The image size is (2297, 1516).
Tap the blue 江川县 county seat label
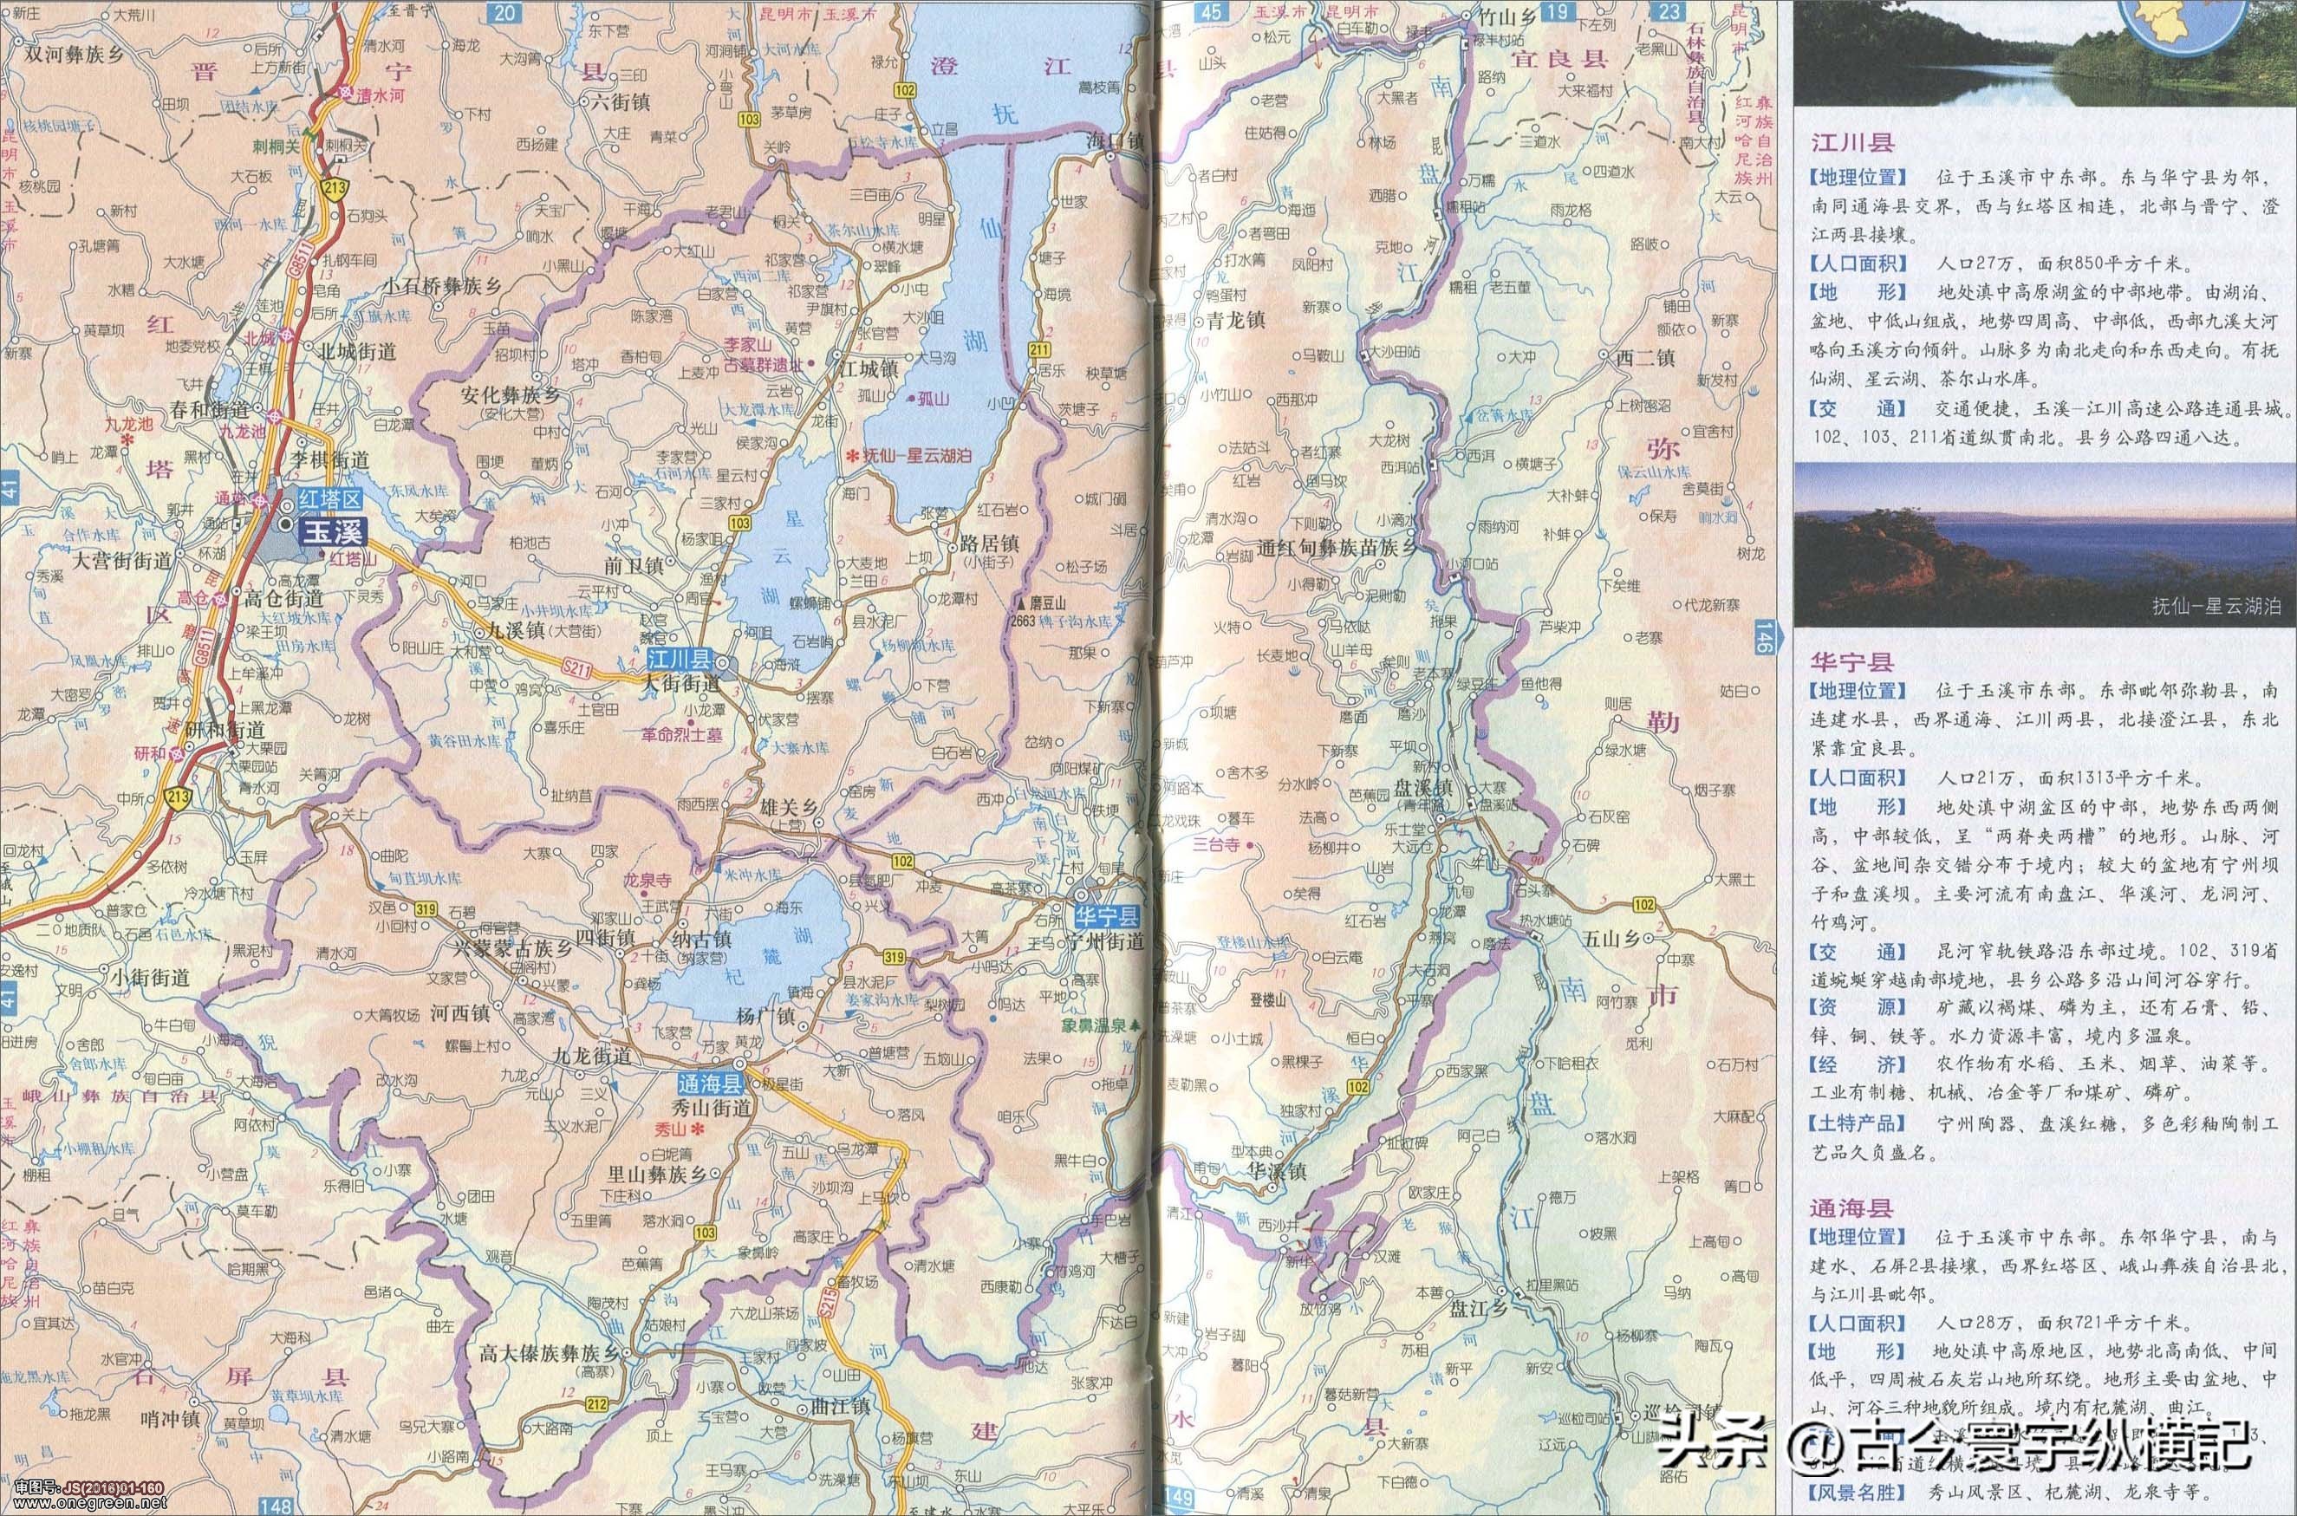pos(679,661)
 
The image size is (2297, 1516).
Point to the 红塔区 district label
pos(329,499)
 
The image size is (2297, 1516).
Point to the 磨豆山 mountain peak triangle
pos(1019,601)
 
